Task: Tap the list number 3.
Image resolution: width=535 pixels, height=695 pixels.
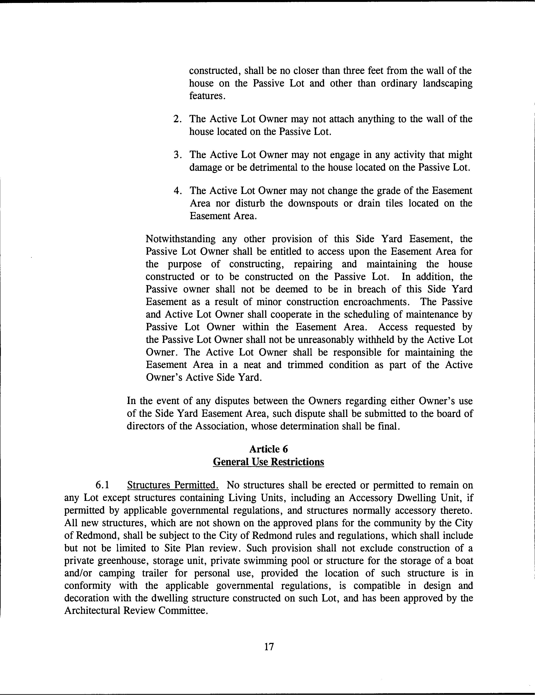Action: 177,155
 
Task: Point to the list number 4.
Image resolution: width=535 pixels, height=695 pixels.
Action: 177,191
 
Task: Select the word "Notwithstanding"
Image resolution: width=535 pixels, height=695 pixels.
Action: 180,239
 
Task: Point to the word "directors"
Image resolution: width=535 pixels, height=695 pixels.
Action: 146,426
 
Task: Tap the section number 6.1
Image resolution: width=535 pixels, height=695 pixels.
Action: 102,485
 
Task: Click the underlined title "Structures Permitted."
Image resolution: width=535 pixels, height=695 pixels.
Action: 173,485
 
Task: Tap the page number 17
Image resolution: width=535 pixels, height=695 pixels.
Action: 269,647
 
